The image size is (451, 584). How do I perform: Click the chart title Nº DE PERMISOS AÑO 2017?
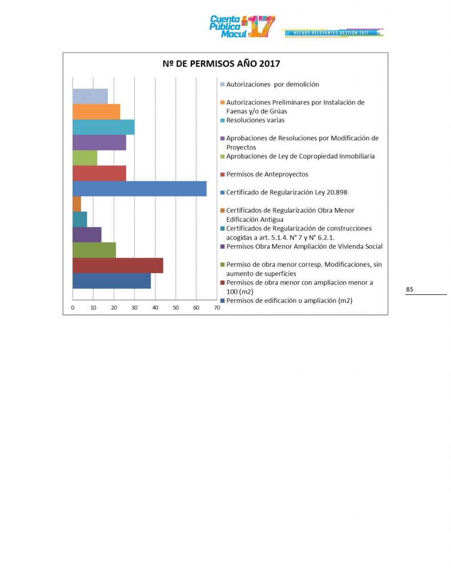click(x=225, y=63)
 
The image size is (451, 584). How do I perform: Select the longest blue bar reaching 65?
click(x=139, y=188)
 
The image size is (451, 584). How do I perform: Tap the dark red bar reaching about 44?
click(x=117, y=265)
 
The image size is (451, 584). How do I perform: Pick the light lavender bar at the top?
click(x=90, y=96)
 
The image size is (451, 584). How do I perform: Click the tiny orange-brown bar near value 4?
click(x=77, y=204)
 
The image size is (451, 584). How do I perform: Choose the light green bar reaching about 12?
click(x=85, y=157)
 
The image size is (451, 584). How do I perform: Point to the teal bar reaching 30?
click(x=103, y=127)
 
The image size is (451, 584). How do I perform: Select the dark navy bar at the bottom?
click(x=111, y=281)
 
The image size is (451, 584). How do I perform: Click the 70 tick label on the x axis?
click(x=217, y=308)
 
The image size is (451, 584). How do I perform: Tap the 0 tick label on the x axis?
click(x=73, y=308)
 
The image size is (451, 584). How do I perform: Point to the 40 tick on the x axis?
click(x=155, y=308)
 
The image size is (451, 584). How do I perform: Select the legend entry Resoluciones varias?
click(x=255, y=120)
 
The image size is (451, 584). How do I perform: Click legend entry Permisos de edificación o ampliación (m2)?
click(x=289, y=301)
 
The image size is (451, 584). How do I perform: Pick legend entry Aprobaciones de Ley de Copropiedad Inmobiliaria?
click(x=300, y=156)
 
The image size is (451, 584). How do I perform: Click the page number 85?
click(x=409, y=290)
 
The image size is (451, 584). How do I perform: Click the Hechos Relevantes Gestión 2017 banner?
click(x=331, y=33)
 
